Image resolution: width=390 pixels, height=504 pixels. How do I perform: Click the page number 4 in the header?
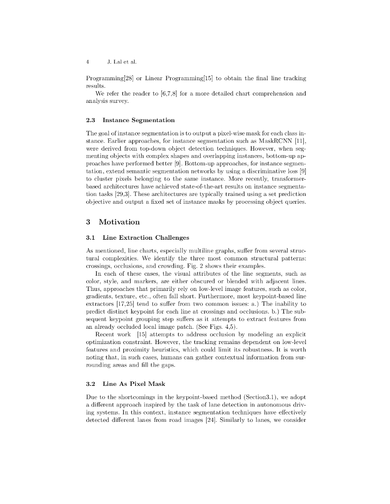pos(87,62)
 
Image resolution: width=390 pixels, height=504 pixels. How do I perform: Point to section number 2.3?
pos(91,120)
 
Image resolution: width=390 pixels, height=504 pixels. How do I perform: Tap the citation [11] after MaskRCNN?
pos(301,141)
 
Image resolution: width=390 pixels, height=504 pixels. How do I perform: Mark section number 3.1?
pos(91,238)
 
